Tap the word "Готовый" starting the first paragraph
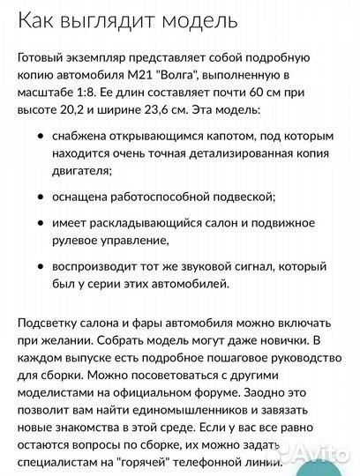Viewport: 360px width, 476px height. point(42,57)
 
